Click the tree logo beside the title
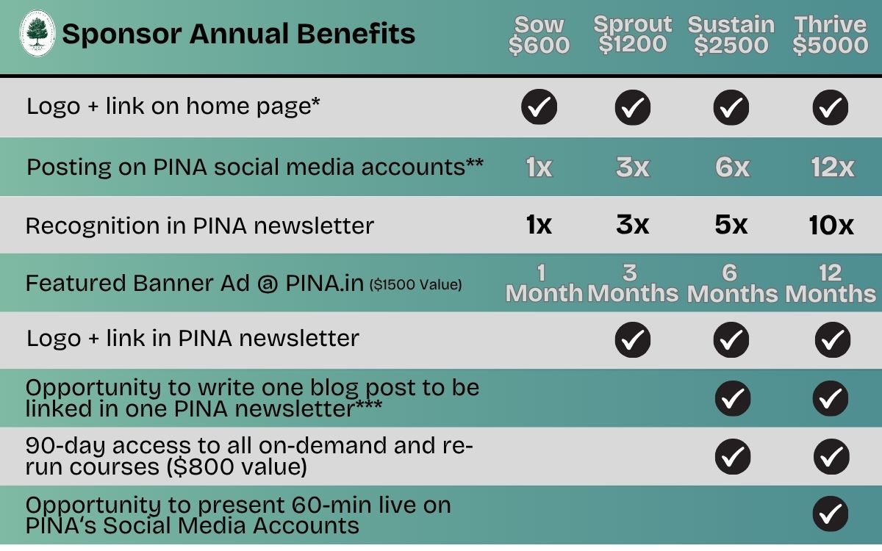pos(37,33)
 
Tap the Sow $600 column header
pos(539,35)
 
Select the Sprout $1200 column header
pos(633,35)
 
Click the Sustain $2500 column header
pos(731,35)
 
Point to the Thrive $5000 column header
pos(831,35)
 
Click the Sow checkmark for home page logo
pos(539,107)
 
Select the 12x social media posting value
pos(832,168)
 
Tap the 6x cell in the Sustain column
pos(732,168)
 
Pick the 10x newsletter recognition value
pos(831,225)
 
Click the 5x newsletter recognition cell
pos(731,225)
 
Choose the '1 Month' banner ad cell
pos(544,284)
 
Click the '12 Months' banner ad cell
pos(831,284)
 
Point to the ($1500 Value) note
pos(415,284)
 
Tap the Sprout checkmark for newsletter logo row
pos(633,339)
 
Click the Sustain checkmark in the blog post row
pos(733,398)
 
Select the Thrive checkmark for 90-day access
pos(831,456)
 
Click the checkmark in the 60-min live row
pos(831,514)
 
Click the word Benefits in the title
pos(356,34)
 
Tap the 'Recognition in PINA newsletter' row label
pos(200,226)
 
